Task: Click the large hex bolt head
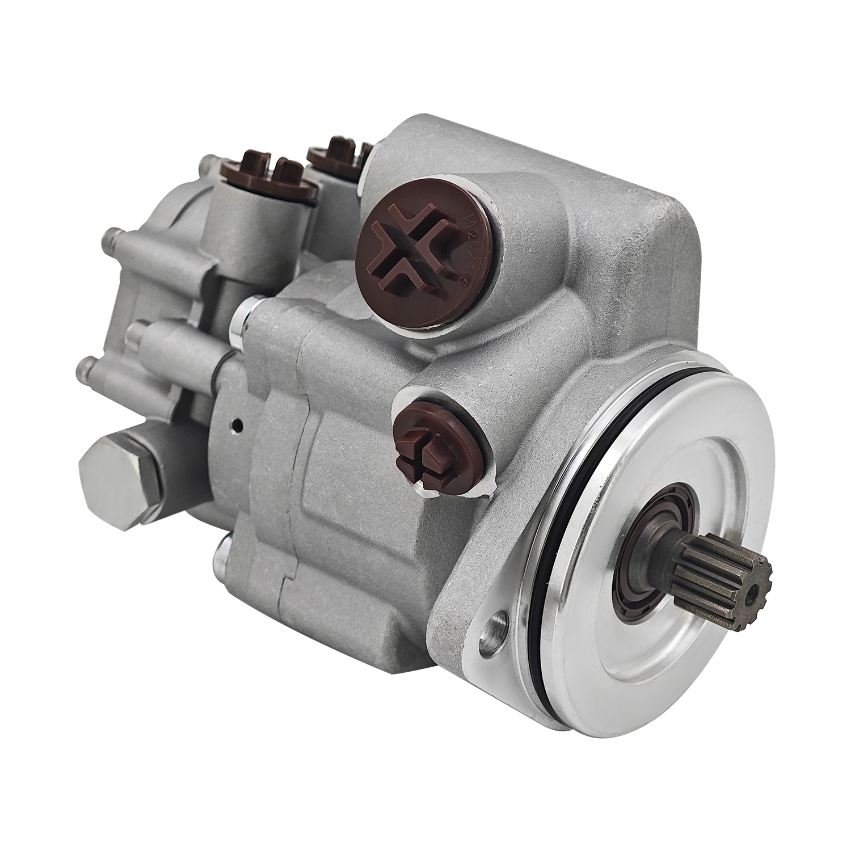[117, 460]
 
